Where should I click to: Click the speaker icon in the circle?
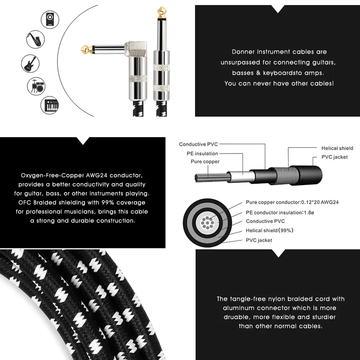[50, 19]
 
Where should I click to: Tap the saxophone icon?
[35, 39]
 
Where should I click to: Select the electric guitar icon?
[30, 64]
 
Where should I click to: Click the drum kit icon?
[36, 86]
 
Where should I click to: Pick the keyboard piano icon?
[50, 105]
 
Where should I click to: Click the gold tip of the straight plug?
[162, 13]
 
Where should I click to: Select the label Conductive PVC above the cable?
[198, 144]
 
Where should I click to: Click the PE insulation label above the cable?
[202, 154]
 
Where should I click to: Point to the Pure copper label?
[205, 162]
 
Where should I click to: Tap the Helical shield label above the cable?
[337, 148]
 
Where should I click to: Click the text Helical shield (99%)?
[270, 230]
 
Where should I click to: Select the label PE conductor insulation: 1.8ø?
[280, 213]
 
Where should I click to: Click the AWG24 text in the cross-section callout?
[329, 202]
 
